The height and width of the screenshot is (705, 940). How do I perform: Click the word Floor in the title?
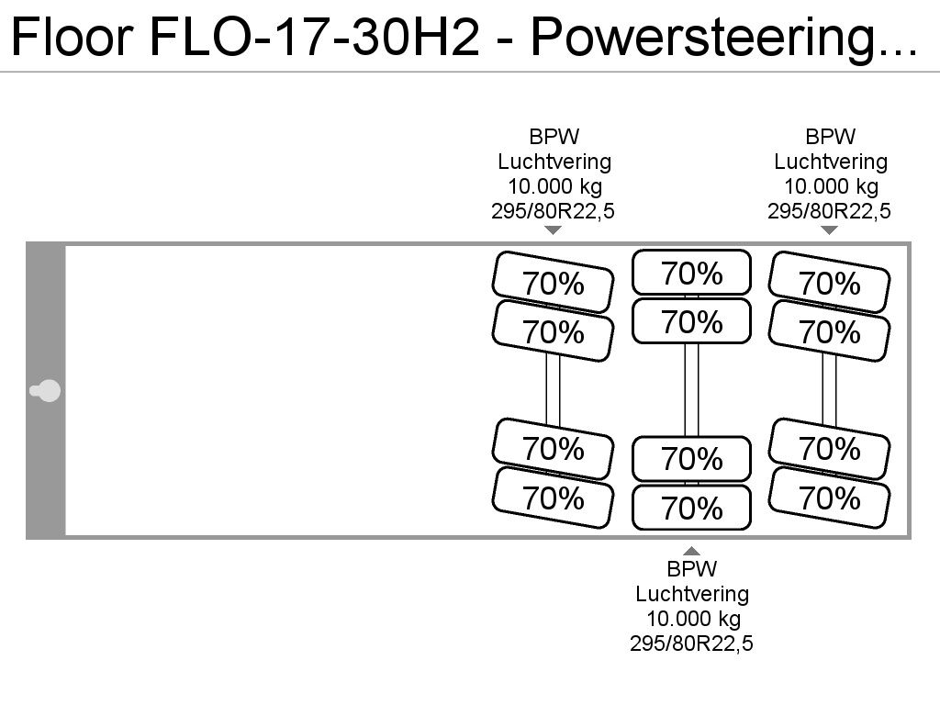pos(72,37)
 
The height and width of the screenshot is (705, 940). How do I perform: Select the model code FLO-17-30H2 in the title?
pos(315,37)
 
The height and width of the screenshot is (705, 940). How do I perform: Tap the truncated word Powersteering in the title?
pos(723,39)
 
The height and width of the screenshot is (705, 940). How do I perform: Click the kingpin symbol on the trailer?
pos(46,391)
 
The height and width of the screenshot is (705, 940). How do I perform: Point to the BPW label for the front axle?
pos(554,137)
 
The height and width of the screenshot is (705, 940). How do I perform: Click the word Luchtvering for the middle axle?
pos(692,594)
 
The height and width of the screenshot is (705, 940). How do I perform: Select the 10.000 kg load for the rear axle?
pos(831,186)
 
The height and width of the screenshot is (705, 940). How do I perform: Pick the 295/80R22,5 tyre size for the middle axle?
pos(691,643)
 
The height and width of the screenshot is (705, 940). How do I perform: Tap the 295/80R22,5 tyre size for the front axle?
pos(553,211)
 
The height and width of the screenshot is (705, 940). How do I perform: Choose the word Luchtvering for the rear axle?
pos(830,162)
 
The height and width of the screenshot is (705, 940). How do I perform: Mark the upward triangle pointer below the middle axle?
pos(692,551)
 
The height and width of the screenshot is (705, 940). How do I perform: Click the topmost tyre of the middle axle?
pos(692,272)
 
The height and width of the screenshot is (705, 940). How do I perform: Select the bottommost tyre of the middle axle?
pos(692,507)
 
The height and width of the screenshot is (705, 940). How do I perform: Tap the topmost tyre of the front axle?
pos(553,282)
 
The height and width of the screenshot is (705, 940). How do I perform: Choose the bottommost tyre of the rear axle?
pos(829,498)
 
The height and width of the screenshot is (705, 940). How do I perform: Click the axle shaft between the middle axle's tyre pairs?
pos(692,389)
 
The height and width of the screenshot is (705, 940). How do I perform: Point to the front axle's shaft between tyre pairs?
pos(553,390)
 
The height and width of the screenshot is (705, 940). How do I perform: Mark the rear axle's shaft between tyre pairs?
pos(829,390)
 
